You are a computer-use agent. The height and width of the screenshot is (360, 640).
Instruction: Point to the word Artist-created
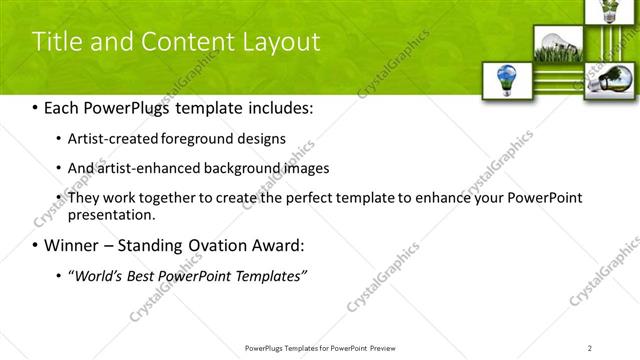tap(109, 138)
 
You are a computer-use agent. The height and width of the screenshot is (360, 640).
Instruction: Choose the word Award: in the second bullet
tap(282, 245)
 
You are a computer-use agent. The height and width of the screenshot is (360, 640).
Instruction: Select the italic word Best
tap(151, 275)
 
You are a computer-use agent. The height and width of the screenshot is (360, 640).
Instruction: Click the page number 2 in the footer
tap(590, 347)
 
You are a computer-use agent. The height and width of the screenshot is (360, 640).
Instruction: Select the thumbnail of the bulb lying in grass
tap(551, 45)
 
